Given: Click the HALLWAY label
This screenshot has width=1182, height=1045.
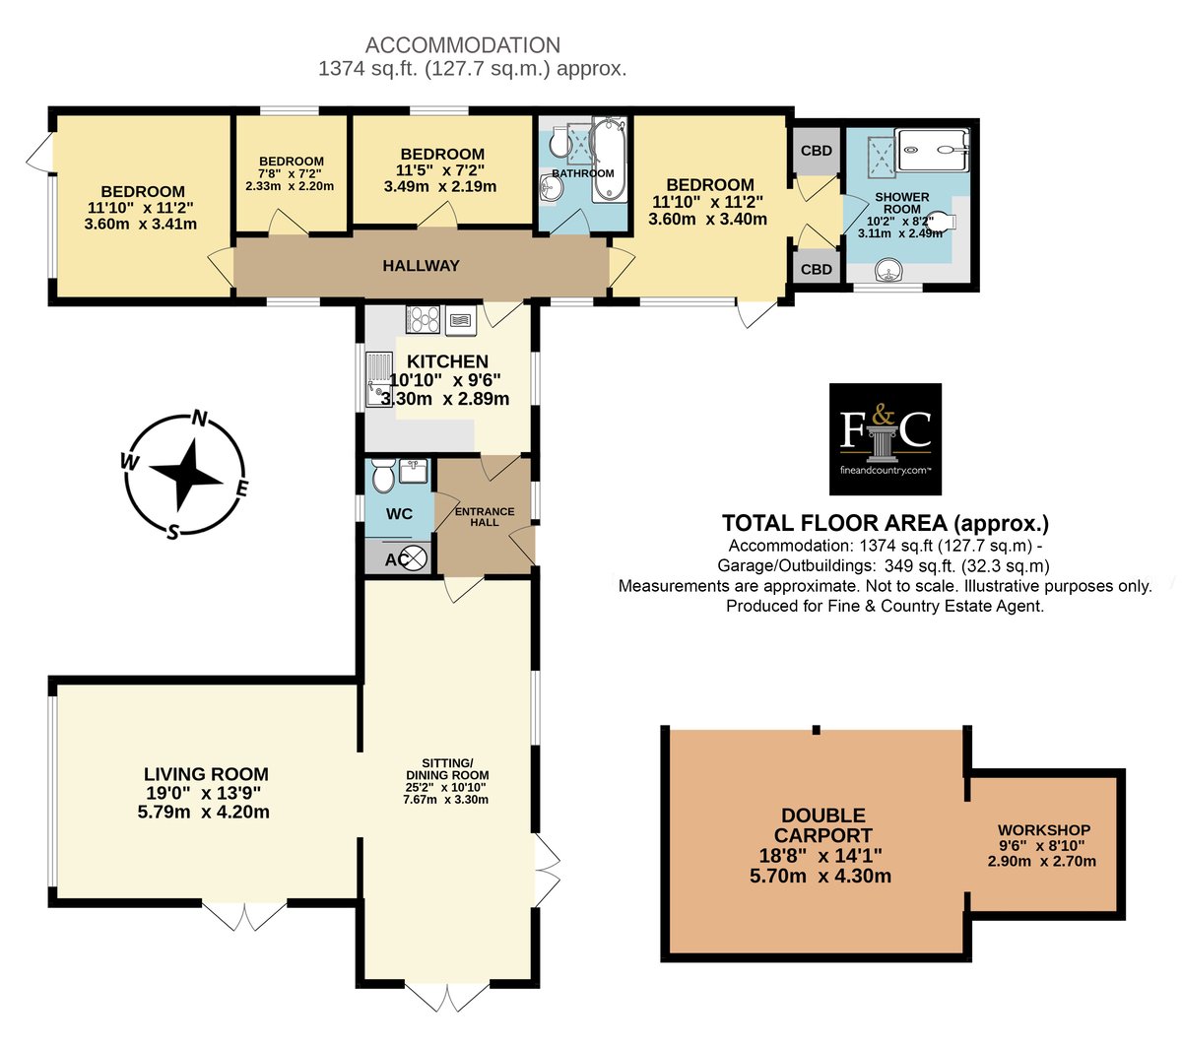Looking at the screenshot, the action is [x=421, y=266].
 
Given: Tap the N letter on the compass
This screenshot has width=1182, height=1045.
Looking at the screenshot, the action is [x=200, y=418].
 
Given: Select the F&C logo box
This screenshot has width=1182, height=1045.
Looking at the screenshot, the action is [x=885, y=438].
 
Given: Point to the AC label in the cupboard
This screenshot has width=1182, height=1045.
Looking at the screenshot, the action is [x=396, y=559].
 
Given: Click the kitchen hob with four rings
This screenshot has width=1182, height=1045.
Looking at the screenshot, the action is [x=423, y=320].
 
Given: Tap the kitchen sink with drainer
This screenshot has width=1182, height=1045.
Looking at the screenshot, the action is [x=378, y=378].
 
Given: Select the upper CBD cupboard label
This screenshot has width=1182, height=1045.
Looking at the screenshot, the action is [x=816, y=151].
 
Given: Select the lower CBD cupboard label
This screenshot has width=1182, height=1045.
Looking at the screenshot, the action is [x=816, y=269].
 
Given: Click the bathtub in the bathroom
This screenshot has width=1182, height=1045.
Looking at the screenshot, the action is [x=610, y=160].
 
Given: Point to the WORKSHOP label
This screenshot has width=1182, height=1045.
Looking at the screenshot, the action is [x=1044, y=829].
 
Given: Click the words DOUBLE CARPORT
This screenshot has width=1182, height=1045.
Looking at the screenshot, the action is [x=823, y=825].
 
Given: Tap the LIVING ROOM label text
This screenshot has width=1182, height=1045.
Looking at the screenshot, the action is [x=206, y=774].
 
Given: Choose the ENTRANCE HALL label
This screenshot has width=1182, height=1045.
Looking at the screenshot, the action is [x=485, y=517].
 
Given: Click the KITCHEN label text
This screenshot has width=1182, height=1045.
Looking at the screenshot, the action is [x=447, y=361].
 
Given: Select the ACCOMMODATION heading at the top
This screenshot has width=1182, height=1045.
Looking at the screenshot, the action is [x=463, y=45].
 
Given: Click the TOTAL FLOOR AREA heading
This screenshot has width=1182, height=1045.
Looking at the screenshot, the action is [x=886, y=523].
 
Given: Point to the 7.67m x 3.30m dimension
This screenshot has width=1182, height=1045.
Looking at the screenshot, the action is [x=446, y=800].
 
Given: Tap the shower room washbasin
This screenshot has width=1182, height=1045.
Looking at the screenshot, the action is [x=888, y=271].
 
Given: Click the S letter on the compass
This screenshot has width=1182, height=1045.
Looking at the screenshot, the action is [x=172, y=532].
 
